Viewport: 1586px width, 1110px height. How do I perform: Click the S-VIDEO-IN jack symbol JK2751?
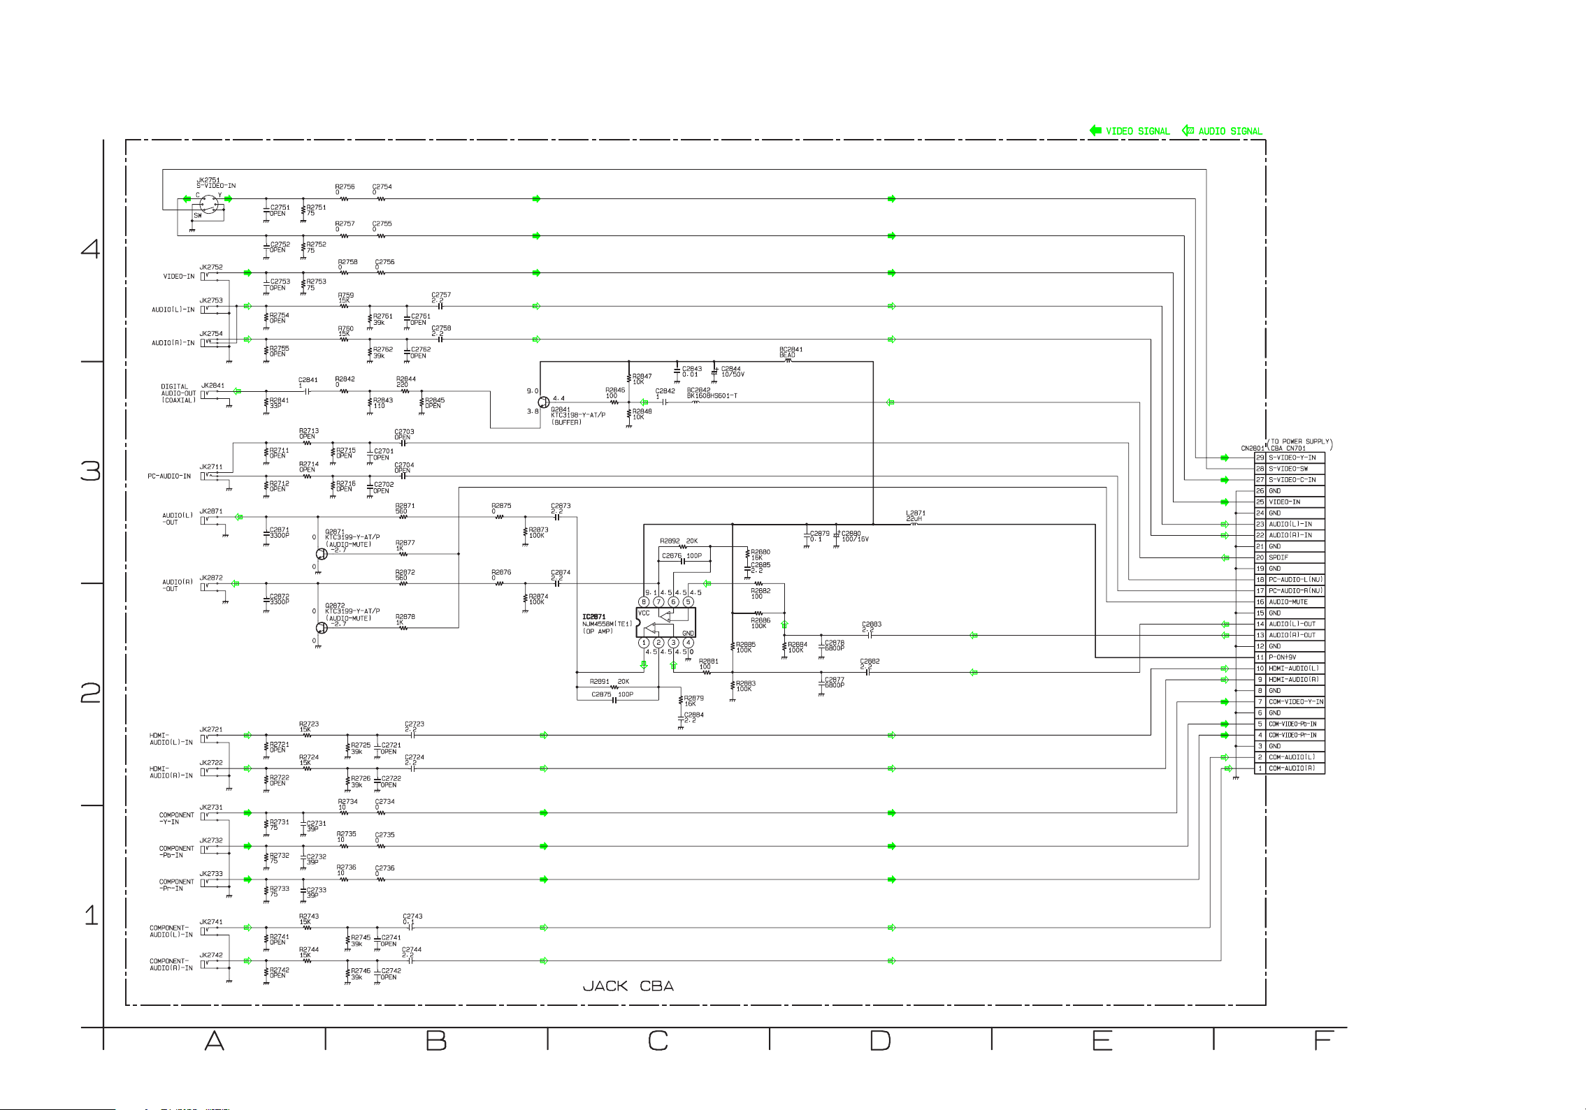tap(208, 204)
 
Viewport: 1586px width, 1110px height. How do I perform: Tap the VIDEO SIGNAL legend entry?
tap(1137, 131)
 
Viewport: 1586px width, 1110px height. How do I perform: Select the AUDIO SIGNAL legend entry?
tap(1230, 131)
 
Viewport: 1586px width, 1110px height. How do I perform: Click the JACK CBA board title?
tap(628, 986)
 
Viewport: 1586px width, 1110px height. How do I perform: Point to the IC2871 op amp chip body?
tap(665, 622)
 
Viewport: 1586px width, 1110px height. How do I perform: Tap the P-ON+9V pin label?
tap(1282, 657)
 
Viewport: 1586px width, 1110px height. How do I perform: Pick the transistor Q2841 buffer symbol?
tap(544, 402)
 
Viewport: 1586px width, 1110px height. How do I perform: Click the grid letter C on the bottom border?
tap(658, 1041)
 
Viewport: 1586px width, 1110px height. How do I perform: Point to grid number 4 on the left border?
tap(90, 249)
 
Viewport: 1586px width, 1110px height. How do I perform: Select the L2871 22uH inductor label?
tap(915, 516)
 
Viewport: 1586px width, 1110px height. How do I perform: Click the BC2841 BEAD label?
tap(791, 352)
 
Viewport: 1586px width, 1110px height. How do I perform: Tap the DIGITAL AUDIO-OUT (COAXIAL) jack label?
tap(178, 393)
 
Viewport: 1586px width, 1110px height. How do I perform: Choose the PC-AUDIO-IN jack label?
tap(168, 476)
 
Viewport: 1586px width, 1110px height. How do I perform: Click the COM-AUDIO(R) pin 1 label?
tap(1291, 768)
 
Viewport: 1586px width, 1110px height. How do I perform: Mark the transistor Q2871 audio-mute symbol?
tap(321, 554)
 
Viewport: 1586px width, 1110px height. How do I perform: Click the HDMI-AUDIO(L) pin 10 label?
tap(1293, 669)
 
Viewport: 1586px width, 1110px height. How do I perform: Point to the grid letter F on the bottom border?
tap(1323, 1041)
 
